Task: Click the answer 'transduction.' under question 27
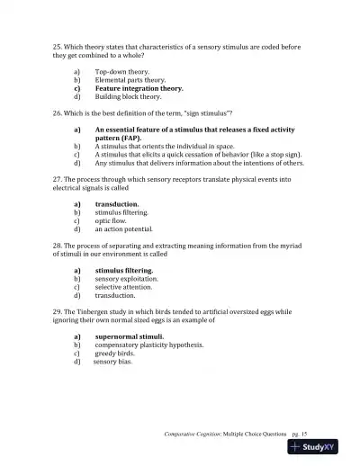coord(117,204)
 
